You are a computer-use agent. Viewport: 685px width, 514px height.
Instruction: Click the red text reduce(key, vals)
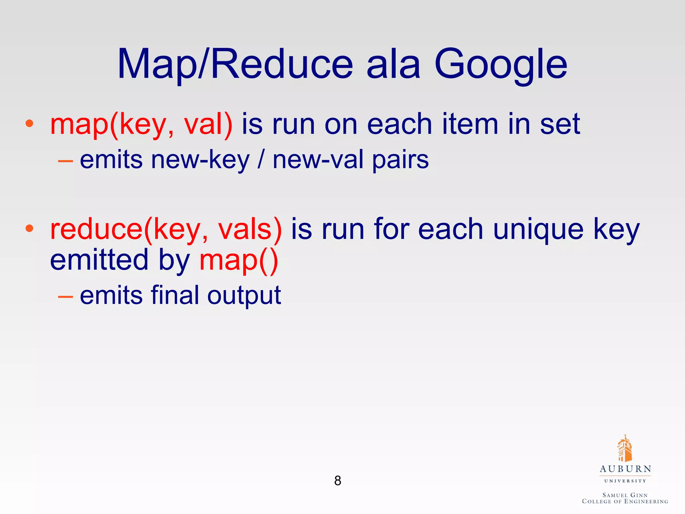166,230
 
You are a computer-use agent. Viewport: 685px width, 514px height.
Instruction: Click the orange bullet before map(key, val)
29,123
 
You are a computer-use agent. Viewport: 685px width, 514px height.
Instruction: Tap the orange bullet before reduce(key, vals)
29,229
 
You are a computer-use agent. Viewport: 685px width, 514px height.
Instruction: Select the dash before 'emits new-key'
66,161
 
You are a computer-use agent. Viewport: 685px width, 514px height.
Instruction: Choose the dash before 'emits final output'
66,296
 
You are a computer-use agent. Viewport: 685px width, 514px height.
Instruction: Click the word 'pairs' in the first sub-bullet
400,160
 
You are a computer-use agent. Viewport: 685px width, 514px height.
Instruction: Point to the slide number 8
338,481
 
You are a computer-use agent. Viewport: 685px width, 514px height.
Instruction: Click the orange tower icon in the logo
624,448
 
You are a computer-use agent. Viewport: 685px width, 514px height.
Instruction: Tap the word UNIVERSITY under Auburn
625,481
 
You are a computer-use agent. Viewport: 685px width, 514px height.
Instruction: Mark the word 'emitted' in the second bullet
99,260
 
